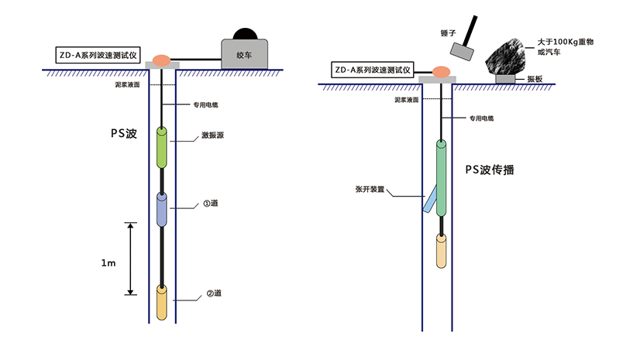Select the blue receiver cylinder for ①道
point(163,209)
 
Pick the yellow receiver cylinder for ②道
point(163,303)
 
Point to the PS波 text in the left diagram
point(123,133)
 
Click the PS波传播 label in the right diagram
point(490,168)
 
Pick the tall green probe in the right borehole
point(441,178)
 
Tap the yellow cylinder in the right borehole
point(441,252)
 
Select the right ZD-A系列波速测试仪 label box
point(371,70)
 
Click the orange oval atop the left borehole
point(163,59)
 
